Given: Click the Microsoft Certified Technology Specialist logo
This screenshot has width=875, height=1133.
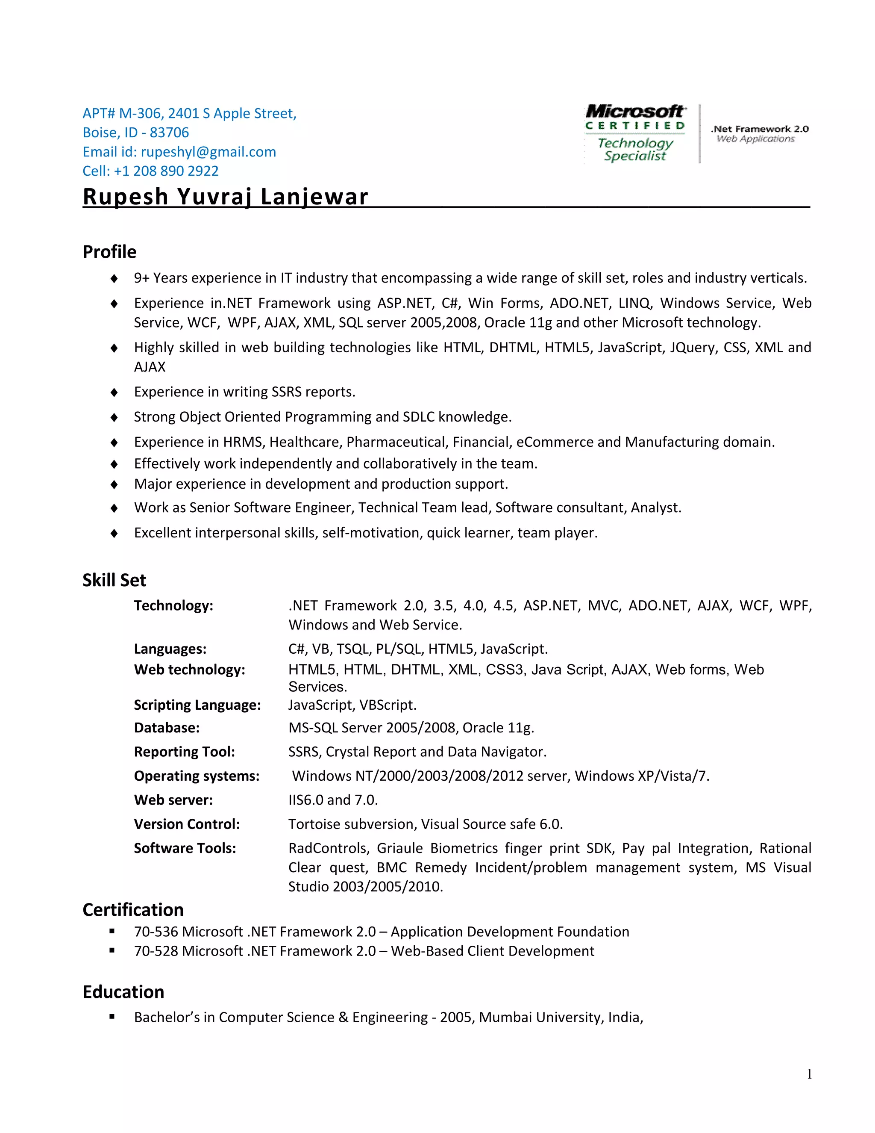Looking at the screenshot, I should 635,133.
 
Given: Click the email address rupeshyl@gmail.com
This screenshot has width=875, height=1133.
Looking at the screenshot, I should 208,152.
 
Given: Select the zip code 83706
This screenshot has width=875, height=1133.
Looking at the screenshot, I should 170,133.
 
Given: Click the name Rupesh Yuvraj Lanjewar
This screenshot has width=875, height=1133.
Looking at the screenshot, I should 226,197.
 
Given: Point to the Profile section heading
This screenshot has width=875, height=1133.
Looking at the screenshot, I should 109,252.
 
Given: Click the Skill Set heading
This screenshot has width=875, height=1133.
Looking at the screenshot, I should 114,580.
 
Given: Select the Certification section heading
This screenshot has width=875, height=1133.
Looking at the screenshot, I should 133,910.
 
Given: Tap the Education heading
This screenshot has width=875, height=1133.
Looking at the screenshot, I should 123,992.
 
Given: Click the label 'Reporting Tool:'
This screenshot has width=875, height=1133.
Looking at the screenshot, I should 184,752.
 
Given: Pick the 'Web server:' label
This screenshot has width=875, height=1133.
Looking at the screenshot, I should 173,800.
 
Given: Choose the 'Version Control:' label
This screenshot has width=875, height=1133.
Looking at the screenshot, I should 187,824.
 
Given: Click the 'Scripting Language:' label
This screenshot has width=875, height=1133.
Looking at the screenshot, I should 197,705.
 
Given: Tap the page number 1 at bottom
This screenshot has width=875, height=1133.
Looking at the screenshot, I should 809,1074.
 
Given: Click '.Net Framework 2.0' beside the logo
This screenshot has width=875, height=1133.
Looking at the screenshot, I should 759,129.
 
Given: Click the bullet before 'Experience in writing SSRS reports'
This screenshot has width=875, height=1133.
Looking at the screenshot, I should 114,392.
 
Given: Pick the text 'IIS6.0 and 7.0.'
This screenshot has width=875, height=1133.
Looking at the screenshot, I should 333,800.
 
